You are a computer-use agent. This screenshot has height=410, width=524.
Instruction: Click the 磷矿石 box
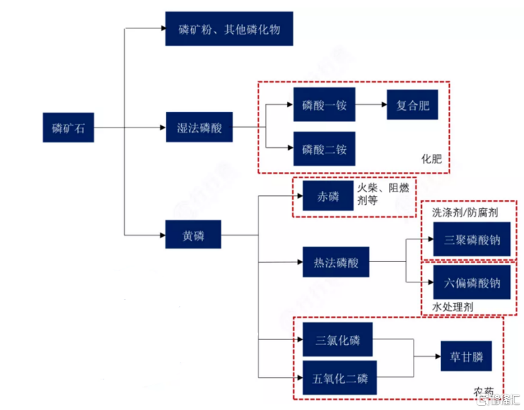click(68, 128)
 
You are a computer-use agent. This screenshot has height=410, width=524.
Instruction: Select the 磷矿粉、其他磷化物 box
click(230, 29)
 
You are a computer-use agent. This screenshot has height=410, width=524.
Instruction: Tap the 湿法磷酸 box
click(199, 127)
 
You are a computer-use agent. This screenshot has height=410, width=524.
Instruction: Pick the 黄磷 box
click(193, 234)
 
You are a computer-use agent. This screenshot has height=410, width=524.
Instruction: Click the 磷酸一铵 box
click(324, 104)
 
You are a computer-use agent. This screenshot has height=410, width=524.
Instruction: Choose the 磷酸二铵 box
click(324, 148)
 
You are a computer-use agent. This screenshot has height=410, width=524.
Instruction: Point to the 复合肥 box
click(412, 105)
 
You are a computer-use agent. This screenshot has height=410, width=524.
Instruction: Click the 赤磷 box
click(328, 196)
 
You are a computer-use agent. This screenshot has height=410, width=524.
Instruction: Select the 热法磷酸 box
click(336, 262)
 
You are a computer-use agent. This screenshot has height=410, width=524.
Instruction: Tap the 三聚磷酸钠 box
click(472, 239)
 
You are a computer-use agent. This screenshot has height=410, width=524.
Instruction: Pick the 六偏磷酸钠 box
click(472, 282)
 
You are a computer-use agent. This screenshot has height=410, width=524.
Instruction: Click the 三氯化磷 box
click(337, 339)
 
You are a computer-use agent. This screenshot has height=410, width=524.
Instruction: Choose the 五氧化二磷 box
click(339, 378)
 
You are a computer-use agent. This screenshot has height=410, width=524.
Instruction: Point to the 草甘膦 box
click(466, 356)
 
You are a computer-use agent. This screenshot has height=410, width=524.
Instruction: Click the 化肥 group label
click(431, 159)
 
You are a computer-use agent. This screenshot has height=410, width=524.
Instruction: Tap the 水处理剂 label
click(453, 307)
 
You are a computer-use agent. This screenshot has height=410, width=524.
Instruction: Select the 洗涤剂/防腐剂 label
click(465, 212)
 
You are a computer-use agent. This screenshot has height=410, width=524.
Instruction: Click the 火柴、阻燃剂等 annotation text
click(383, 194)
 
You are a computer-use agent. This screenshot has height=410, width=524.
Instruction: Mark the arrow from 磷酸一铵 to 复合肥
click(371, 104)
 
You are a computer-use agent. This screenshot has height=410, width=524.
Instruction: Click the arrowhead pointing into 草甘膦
click(438, 356)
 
